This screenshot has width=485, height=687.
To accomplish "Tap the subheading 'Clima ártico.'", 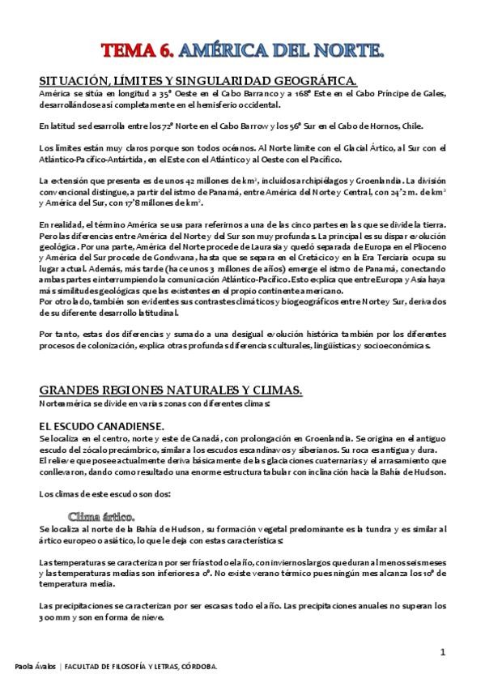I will coord(102,515).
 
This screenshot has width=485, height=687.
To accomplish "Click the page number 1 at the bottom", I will coord(443,651).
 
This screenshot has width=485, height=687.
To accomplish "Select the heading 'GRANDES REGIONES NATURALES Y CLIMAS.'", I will coord(170,390).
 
